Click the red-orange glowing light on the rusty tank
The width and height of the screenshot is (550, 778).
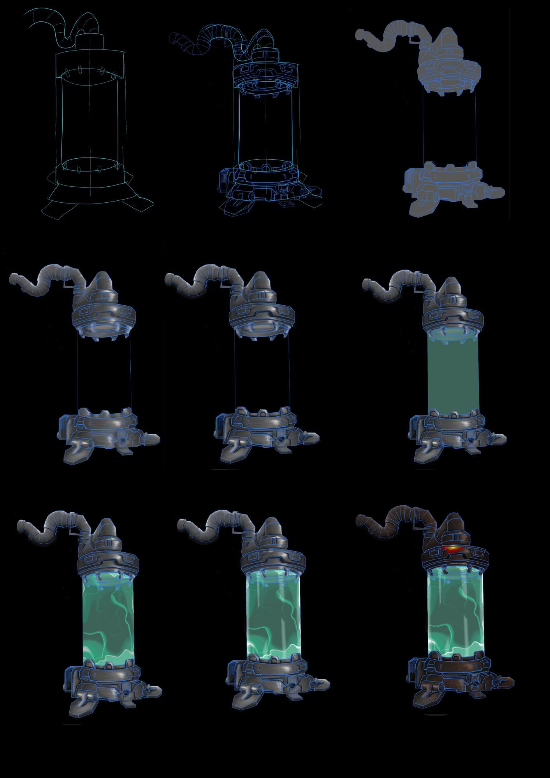click(453, 549)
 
